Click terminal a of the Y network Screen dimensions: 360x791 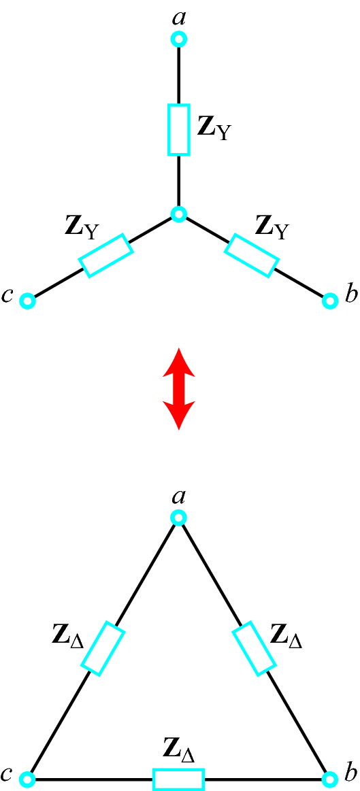179,39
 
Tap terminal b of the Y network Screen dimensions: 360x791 329,301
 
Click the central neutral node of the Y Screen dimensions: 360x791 179,214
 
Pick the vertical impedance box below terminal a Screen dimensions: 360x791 179,129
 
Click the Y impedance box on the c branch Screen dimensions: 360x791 105,255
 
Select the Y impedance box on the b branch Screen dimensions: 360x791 251,255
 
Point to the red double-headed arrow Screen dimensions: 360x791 179,388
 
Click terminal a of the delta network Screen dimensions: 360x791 179,517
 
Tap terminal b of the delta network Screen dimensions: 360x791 329,779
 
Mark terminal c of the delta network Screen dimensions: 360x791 28,779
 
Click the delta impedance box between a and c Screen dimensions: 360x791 103,648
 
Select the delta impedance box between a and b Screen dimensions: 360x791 254,648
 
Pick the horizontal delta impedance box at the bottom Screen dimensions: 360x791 179,779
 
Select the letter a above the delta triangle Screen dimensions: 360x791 178,498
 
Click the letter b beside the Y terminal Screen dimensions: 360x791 350,295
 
